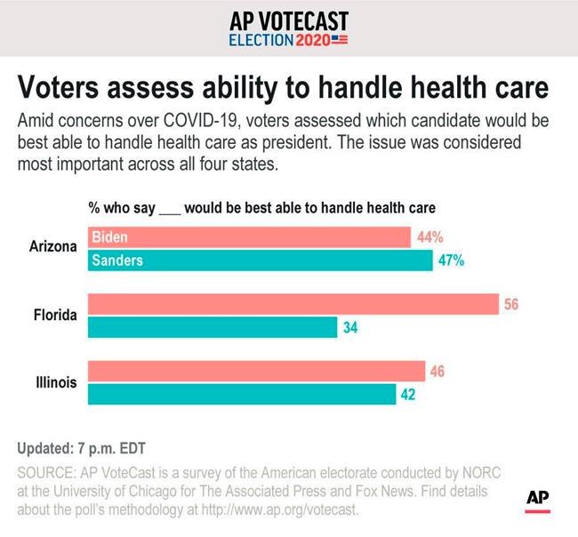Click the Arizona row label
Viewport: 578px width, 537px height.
[x=52, y=246]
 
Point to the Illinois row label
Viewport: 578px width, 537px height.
[x=57, y=382]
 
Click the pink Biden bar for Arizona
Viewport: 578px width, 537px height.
[x=249, y=237]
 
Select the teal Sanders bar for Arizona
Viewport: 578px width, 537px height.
[x=258, y=260]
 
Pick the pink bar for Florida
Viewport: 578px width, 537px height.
[x=293, y=304]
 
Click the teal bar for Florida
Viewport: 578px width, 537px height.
[x=213, y=327]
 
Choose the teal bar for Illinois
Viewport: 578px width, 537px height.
[x=241, y=394]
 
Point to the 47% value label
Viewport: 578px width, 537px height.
[x=450, y=260]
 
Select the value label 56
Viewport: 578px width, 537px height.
[x=510, y=304]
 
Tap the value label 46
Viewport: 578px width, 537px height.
[x=437, y=371]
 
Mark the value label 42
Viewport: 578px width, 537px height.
[x=408, y=395]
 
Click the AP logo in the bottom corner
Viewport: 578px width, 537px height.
[x=538, y=501]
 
